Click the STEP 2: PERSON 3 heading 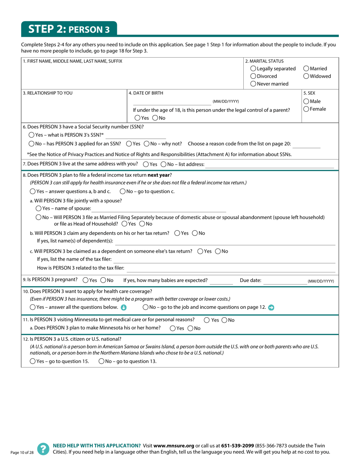coord(69,29)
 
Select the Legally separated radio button coord(253,69)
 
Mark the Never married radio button coord(253,84)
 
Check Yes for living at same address coord(146,164)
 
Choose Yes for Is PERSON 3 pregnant coord(85,280)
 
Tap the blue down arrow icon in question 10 coord(123,307)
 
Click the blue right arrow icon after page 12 coord(271,307)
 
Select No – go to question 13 coord(102,361)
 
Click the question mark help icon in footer coord(43,449)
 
